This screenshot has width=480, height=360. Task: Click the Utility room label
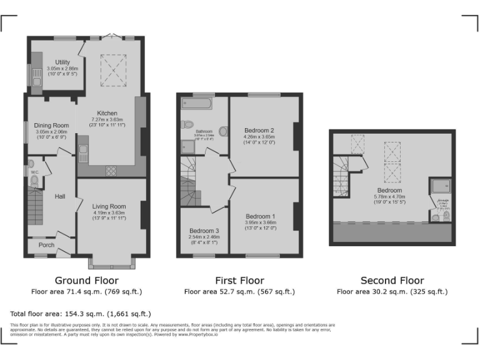click(x=62, y=62)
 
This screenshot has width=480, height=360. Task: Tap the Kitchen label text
click(x=107, y=113)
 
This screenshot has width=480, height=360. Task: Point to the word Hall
click(x=59, y=196)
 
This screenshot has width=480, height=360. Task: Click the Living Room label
click(x=109, y=206)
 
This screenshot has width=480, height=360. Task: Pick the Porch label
click(x=46, y=245)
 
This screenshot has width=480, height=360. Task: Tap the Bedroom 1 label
click(x=260, y=216)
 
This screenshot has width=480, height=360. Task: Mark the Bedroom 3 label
click(x=204, y=230)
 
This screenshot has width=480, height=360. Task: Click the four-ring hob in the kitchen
click(x=111, y=170)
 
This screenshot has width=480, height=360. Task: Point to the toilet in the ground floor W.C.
click(x=34, y=182)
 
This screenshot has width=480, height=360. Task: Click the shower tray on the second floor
click(x=439, y=186)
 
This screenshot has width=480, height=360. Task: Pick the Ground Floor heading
click(x=86, y=281)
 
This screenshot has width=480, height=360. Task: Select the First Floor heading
click(x=239, y=281)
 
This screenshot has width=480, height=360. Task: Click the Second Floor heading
click(x=392, y=281)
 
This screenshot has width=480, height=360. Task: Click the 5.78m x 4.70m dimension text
click(x=389, y=197)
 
